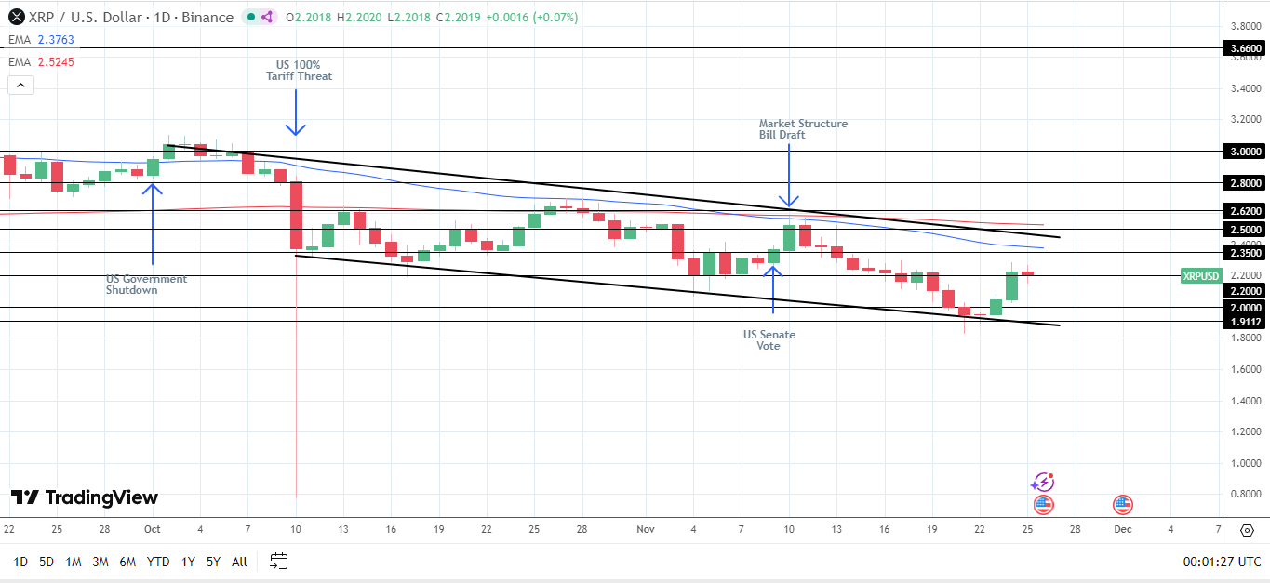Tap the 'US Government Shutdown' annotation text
146,285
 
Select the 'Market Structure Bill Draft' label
803,129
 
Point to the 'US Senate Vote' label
769,340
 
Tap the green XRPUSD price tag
1200,276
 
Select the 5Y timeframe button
213,562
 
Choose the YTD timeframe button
158,562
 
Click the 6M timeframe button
127,562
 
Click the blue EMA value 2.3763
56,40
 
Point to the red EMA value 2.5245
56,62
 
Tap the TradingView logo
85,498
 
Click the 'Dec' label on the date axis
1122,529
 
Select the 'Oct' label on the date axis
153,529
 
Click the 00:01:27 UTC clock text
1221,562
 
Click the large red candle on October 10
296,216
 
